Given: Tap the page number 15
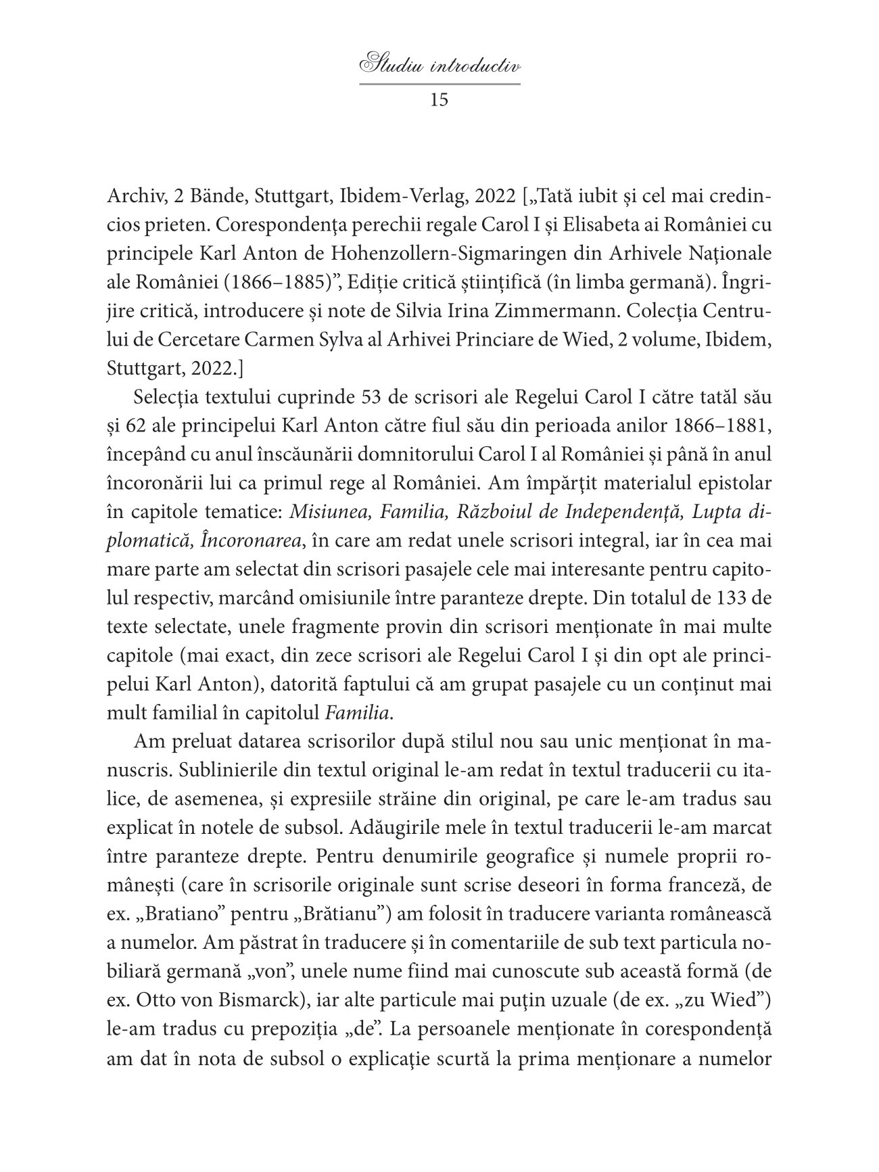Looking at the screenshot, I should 439,100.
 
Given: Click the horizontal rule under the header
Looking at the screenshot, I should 439,85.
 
